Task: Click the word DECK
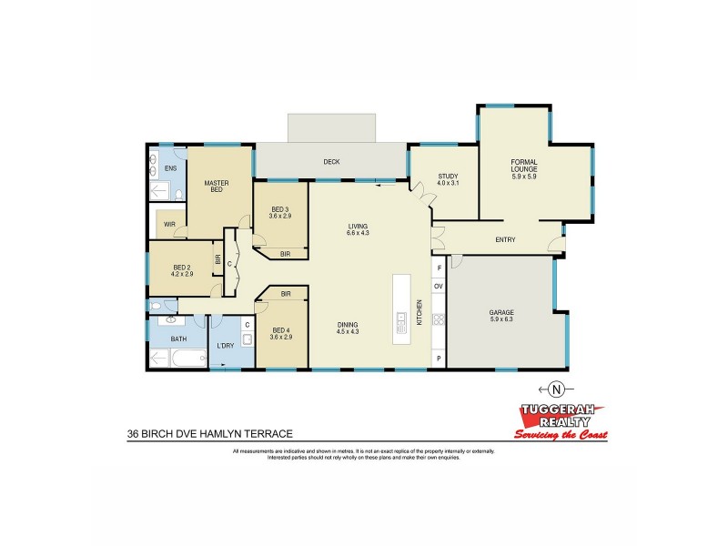coord(331,162)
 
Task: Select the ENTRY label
coord(505,240)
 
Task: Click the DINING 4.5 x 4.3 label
coord(346,328)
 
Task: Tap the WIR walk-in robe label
coord(169,223)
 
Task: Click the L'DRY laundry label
coord(224,346)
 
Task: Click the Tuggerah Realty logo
coord(560,421)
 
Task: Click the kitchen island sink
coord(401,320)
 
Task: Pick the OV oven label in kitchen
coord(438,287)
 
